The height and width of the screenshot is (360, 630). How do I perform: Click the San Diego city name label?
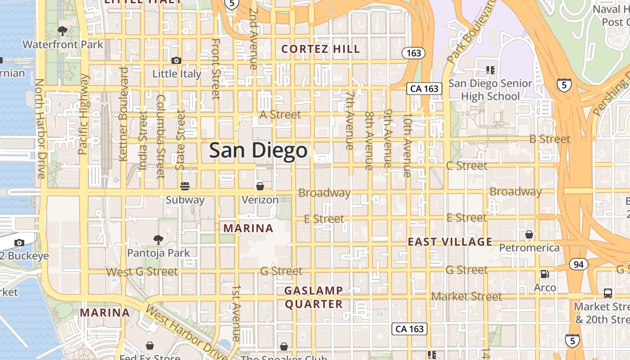[x=258, y=150]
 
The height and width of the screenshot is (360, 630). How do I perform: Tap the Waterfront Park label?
[x=63, y=45]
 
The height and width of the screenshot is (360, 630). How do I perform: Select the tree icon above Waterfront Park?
[x=63, y=31]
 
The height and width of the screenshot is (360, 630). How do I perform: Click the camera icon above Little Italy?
[x=176, y=60]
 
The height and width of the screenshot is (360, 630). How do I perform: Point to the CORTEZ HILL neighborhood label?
[x=321, y=49]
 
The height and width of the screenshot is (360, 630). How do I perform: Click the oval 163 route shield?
[x=414, y=53]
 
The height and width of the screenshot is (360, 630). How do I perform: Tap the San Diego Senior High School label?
[x=490, y=90]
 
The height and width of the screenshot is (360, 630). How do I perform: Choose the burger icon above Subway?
[x=184, y=186]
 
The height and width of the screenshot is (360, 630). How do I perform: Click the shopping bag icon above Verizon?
[x=260, y=186]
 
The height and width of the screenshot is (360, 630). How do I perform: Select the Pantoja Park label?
[x=158, y=253]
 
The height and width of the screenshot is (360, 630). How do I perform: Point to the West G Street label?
[x=142, y=272]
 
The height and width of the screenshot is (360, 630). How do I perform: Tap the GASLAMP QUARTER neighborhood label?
[x=314, y=297]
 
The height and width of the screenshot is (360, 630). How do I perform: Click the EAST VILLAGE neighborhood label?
[x=450, y=242]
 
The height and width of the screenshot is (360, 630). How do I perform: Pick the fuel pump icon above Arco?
[x=544, y=274]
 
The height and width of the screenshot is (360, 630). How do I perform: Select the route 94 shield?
[x=578, y=264]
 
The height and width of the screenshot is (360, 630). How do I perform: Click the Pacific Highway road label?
[x=84, y=114]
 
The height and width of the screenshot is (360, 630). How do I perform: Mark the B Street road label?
[x=549, y=139]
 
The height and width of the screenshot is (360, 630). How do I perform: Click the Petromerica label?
[x=529, y=247]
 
